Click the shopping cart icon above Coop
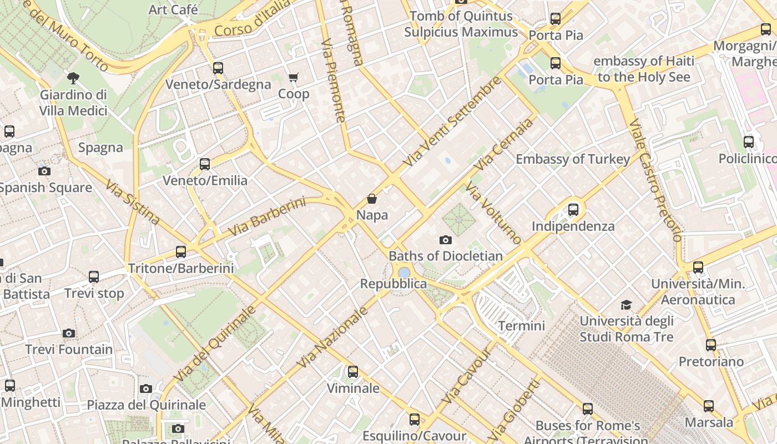click(293, 77)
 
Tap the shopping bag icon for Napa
click(372, 199)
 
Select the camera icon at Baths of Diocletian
click(445, 240)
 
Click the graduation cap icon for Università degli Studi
click(626, 305)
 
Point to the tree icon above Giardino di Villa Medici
click(73, 78)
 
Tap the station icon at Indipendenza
click(573, 210)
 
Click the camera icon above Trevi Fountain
click(69, 333)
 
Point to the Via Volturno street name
click(493, 214)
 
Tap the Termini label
click(521, 326)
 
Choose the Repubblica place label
click(393, 284)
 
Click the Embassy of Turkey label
click(573, 159)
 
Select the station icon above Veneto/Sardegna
click(218, 68)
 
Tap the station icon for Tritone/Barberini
click(181, 252)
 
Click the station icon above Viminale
click(353, 372)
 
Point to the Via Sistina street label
click(132, 202)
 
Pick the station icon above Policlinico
click(749, 142)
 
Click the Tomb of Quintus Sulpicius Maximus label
click(461, 24)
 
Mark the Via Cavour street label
click(466, 377)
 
